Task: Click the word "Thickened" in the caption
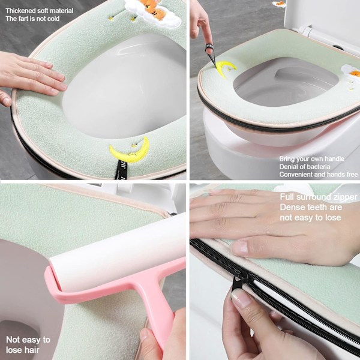pyautogui.click(x=21, y=11)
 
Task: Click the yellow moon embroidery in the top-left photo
pyautogui.click(x=130, y=151)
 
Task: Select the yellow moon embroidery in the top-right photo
pyautogui.click(x=224, y=68)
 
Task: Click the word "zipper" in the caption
pyautogui.click(x=345, y=197)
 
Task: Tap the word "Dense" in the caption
pyautogui.click(x=290, y=207)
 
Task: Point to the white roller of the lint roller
pyautogui.click(x=118, y=252)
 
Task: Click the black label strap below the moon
pyautogui.click(x=121, y=170)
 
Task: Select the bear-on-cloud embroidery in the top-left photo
pyautogui.click(x=152, y=11)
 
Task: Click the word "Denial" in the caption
pyautogui.click(x=287, y=167)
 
